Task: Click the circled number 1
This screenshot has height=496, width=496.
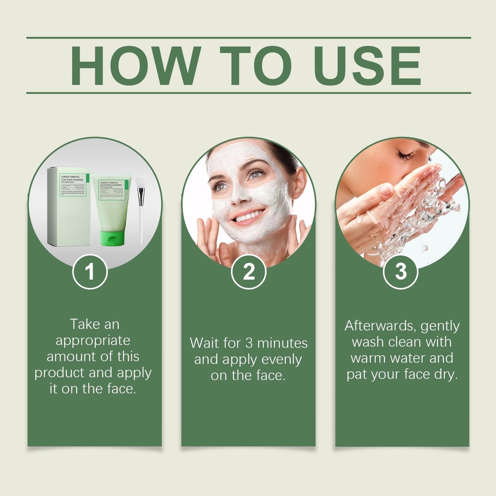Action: [x=90, y=272]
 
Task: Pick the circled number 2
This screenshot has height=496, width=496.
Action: [x=249, y=272]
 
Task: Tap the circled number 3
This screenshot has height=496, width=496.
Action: [x=400, y=272]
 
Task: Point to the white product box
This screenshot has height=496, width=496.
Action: [x=69, y=206]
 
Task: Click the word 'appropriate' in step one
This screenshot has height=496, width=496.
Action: [x=93, y=341]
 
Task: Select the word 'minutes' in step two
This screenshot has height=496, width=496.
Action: [x=282, y=343]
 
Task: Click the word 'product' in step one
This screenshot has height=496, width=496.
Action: [x=59, y=373]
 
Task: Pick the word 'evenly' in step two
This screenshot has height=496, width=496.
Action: [x=281, y=360]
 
